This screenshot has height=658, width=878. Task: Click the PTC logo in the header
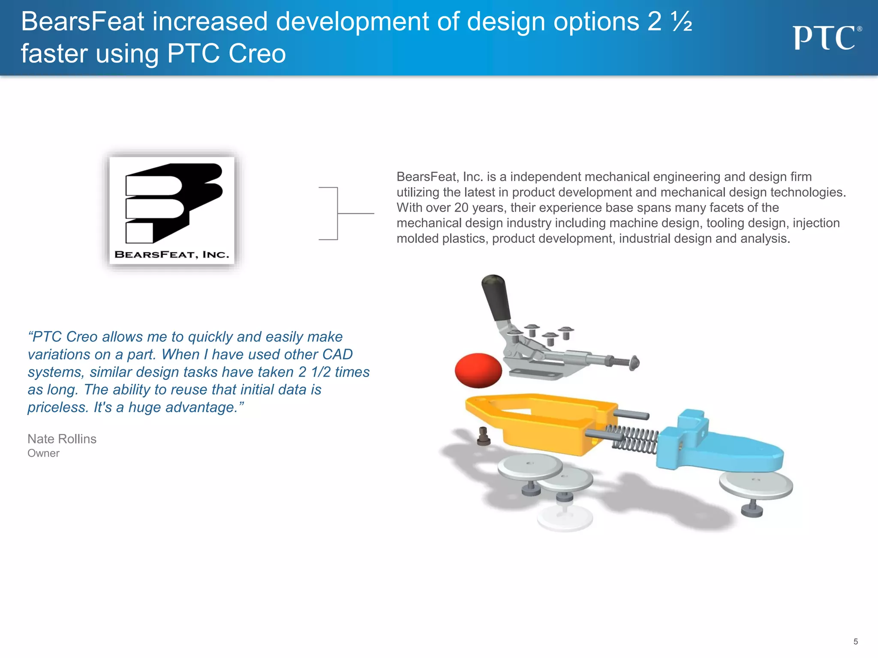point(827,38)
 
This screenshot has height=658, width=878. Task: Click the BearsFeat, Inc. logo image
point(172,210)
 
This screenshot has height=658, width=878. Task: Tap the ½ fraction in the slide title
point(681,22)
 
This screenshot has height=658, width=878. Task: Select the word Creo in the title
point(257,54)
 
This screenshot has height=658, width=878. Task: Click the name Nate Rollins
point(62,439)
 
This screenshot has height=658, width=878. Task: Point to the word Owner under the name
point(43,453)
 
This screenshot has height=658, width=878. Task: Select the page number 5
point(855,641)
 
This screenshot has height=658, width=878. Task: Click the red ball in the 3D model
point(478,370)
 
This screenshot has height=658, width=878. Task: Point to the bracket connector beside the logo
point(339,213)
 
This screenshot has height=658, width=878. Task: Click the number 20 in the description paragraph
point(461,208)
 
